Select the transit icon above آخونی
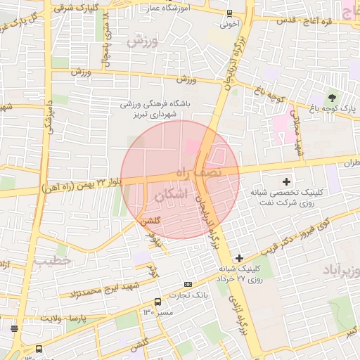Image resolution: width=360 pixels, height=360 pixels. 229,13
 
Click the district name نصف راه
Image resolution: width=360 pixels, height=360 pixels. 199,171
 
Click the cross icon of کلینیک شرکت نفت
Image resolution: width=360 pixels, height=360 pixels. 286,181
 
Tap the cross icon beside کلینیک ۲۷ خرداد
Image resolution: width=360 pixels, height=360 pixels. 240,259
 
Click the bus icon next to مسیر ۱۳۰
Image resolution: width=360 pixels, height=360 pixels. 157,301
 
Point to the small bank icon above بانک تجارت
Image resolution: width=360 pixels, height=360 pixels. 186,284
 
